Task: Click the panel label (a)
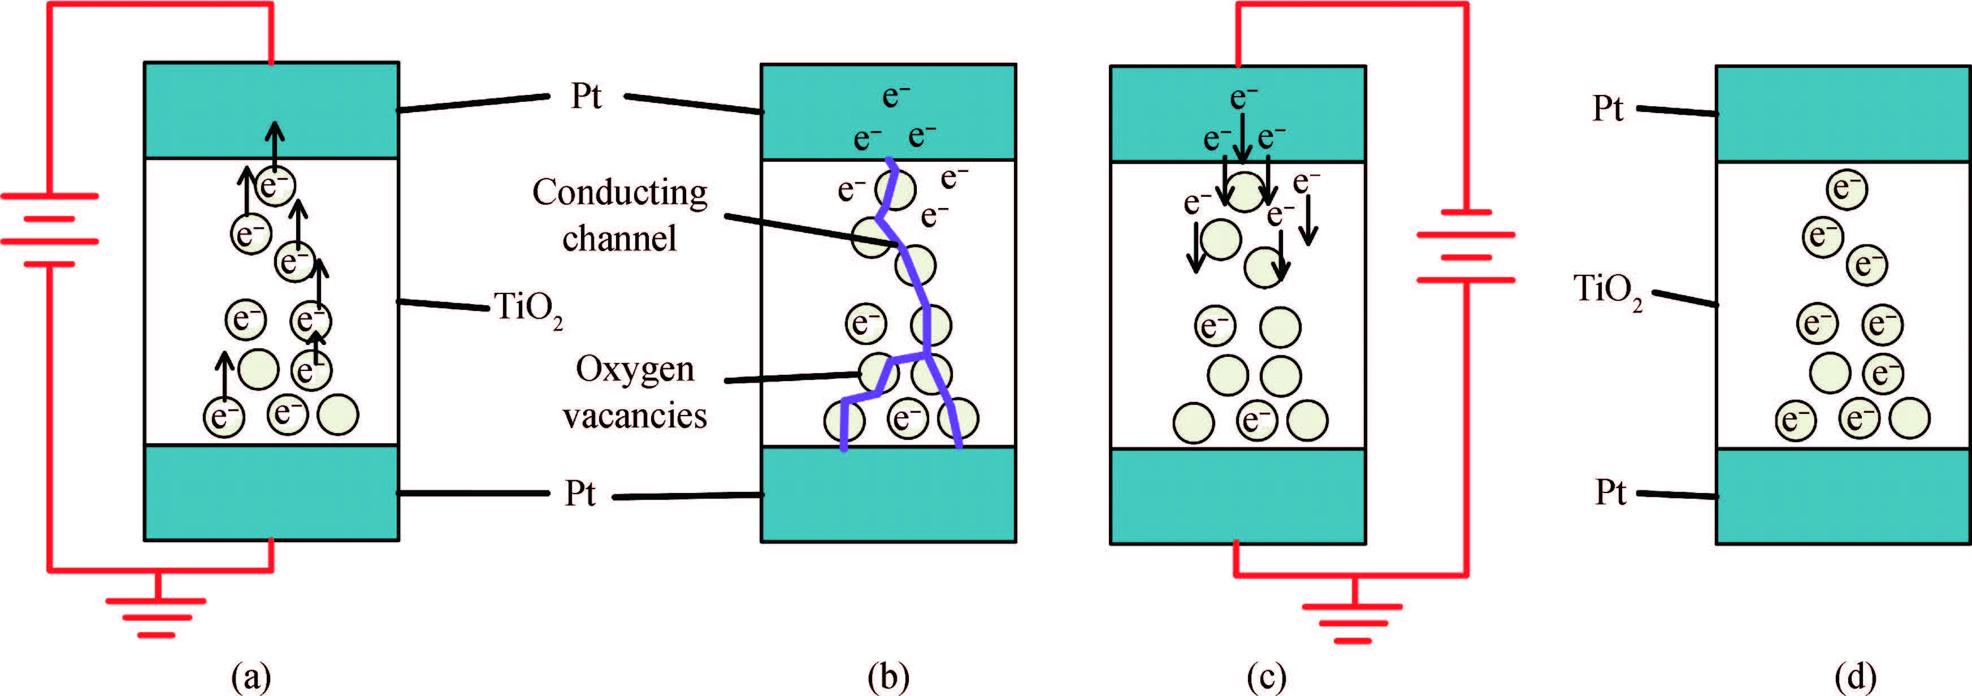[251, 677]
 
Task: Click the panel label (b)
[889, 677]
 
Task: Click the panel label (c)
[1267, 677]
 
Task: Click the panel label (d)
[1856, 677]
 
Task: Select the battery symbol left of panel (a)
[50, 230]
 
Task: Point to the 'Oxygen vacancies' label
[635, 392]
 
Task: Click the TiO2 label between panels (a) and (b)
[529, 309]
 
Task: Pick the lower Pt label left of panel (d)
[1610, 492]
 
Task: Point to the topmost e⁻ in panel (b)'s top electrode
[896, 96]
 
